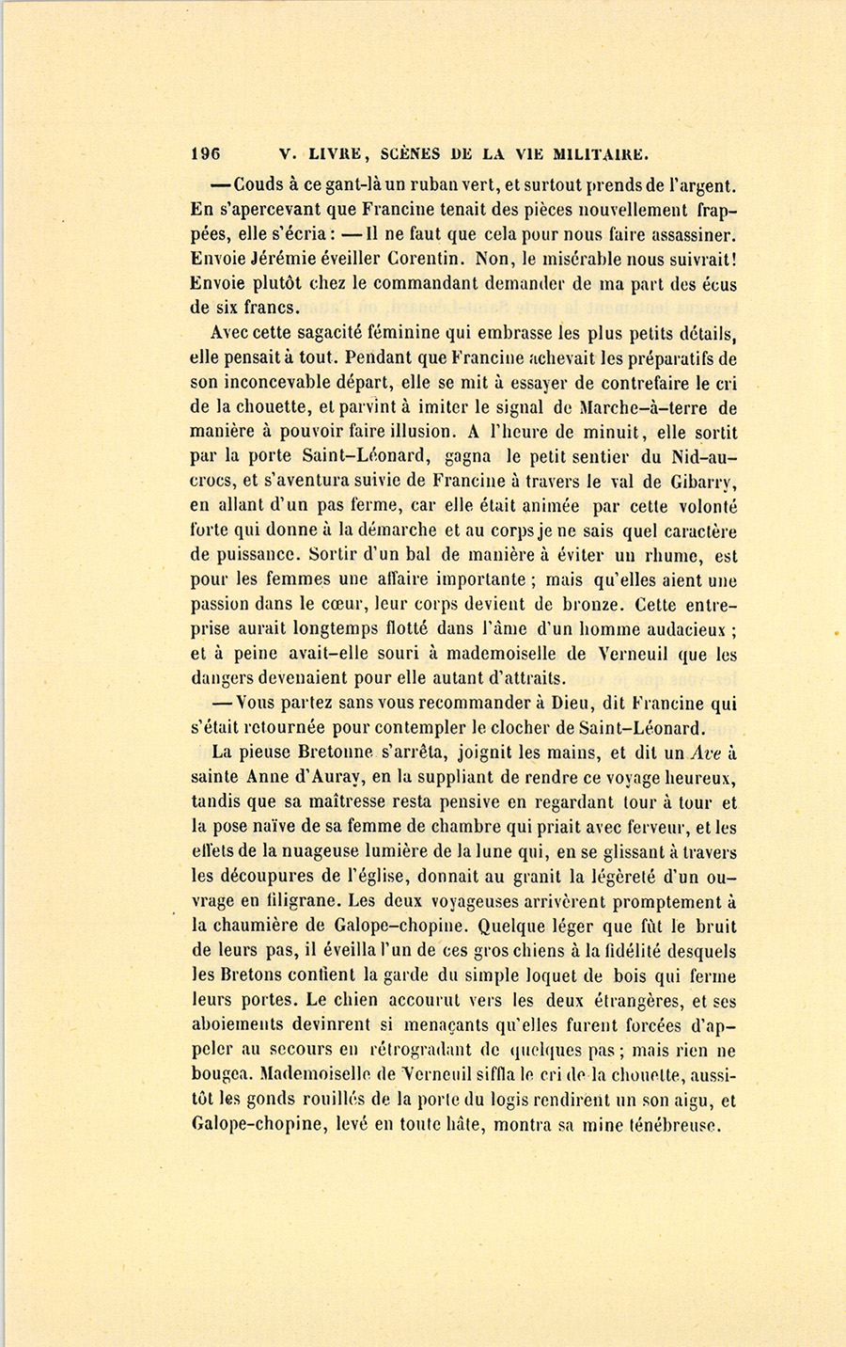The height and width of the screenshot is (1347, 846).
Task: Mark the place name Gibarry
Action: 697,483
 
